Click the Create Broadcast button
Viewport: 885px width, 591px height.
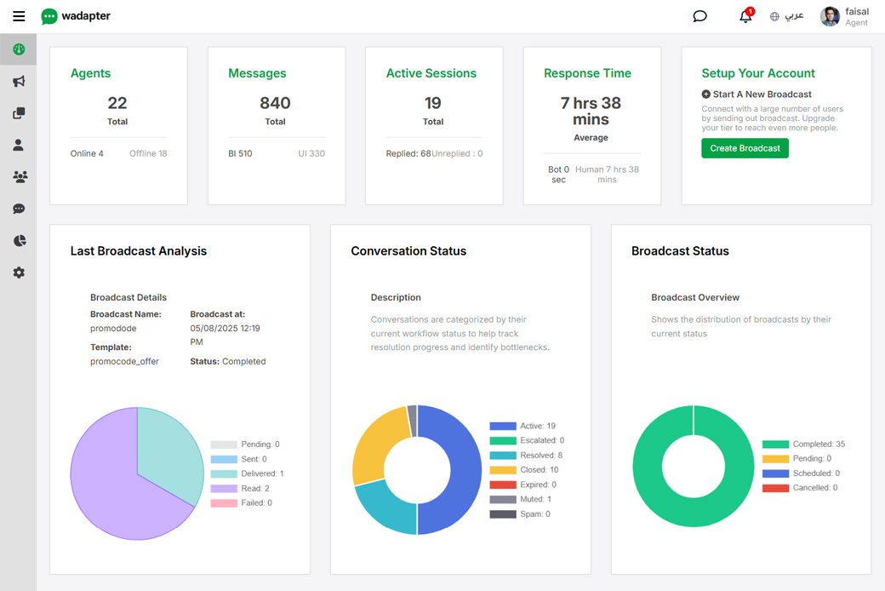tap(745, 148)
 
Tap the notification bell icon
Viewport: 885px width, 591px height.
tap(745, 16)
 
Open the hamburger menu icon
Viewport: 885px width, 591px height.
tap(19, 16)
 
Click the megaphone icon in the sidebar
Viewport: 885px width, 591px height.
tap(19, 82)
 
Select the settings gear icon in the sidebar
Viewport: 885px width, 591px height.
tap(19, 273)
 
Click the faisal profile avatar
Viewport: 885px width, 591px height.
tap(830, 16)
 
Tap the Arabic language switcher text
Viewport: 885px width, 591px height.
tap(794, 16)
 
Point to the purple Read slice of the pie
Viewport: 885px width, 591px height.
tap(119, 494)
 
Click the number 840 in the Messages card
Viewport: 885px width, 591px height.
tap(275, 103)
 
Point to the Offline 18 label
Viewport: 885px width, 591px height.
tap(148, 154)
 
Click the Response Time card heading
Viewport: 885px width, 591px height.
tap(587, 73)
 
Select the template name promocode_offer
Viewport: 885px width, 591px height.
tap(124, 361)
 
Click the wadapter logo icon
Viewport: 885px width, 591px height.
tap(49, 16)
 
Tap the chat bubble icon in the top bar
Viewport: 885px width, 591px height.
tap(699, 16)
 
